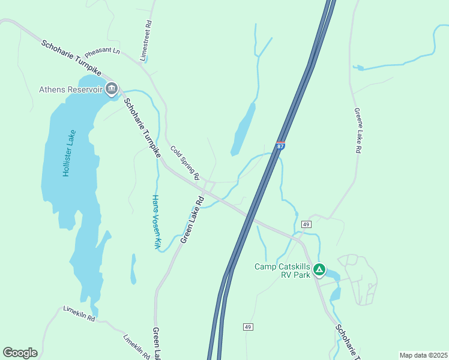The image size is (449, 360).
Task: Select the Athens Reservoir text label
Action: coord(71,90)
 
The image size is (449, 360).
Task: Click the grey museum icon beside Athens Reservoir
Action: coord(112,89)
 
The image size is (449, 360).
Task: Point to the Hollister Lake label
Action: coord(69,153)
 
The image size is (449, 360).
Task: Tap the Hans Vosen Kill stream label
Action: coord(156,221)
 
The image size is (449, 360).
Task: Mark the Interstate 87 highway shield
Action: coord(281,146)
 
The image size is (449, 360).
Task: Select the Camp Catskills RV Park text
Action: coord(282,271)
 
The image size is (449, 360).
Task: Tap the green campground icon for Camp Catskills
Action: coord(321,270)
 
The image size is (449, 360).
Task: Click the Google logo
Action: coord(20,353)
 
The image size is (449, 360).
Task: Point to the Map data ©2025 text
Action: coord(423,355)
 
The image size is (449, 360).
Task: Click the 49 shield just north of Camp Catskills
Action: coord(306,224)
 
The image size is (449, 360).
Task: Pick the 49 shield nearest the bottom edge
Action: coord(248,327)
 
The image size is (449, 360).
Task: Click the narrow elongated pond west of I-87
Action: coord(244,129)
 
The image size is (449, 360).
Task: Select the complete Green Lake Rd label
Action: coord(193,220)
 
